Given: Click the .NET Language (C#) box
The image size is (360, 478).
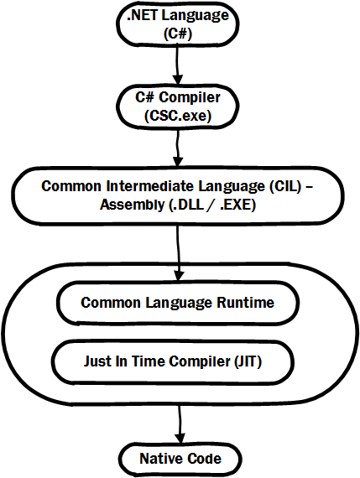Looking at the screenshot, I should pos(177,23).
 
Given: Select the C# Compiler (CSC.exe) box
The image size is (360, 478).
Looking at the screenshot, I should pos(177,106).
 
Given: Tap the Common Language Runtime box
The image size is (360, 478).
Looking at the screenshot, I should pos(177,303).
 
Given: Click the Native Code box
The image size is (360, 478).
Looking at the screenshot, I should pos(180,459).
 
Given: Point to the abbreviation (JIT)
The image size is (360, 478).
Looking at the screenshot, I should pos(271,362).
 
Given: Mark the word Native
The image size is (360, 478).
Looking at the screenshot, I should pos(159,459).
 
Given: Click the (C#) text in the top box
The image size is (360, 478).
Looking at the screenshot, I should pos(177,32).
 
